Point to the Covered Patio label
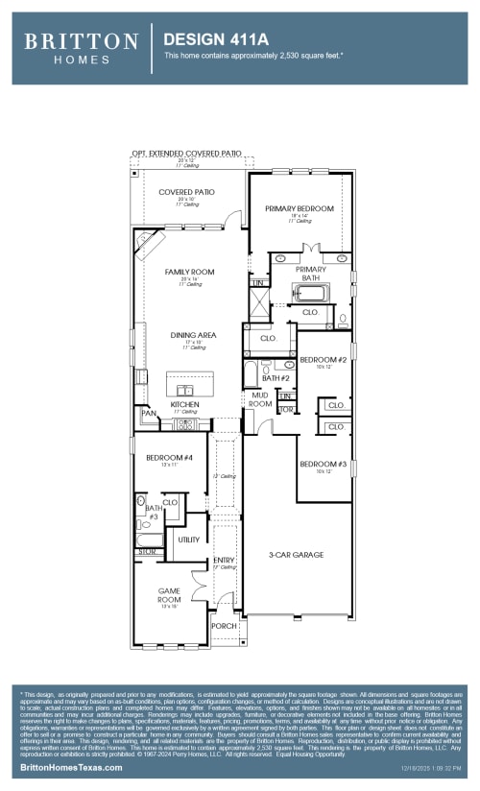tap(186, 192)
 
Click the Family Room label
tap(189, 272)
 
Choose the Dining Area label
tap(194, 335)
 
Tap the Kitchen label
tap(184, 405)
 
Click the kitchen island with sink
tap(184, 389)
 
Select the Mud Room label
tap(261, 399)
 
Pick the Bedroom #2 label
tap(316, 359)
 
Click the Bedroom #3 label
tap(316, 464)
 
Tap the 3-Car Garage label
tap(296, 555)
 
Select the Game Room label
tap(169, 595)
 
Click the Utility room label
tap(189, 539)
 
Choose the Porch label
tap(222, 626)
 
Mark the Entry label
tap(224, 560)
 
